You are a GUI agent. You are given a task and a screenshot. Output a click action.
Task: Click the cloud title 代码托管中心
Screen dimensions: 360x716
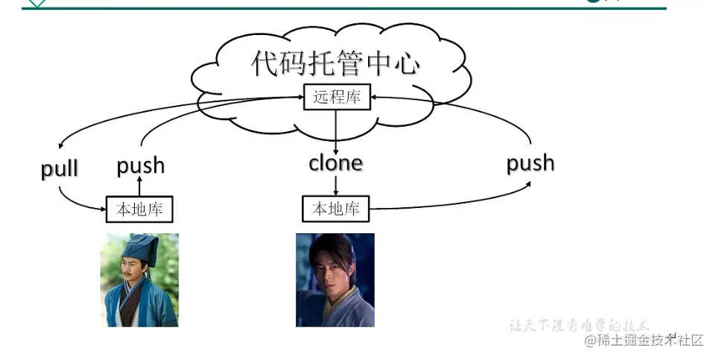click(x=335, y=64)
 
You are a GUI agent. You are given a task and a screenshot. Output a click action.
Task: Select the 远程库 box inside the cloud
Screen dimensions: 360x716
click(x=337, y=98)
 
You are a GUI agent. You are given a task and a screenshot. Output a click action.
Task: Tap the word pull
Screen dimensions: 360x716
click(x=60, y=168)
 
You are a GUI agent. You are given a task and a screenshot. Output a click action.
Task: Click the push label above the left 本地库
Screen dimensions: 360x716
click(x=140, y=165)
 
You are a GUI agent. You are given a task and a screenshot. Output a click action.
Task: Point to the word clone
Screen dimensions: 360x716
click(x=335, y=162)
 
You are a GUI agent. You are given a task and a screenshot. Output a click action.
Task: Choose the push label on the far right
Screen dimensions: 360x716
click(x=530, y=162)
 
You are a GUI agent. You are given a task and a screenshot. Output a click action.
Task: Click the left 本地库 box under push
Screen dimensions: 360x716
click(x=140, y=209)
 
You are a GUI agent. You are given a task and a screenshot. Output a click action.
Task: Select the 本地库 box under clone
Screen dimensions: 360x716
click(x=335, y=209)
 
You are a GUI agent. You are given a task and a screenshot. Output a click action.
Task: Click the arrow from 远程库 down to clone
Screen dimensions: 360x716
click(x=336, y=130)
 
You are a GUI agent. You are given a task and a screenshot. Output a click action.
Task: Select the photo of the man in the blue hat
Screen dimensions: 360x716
click(x=139, y=280)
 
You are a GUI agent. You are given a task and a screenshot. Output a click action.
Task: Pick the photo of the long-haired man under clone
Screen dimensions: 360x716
click(x=335, y=280)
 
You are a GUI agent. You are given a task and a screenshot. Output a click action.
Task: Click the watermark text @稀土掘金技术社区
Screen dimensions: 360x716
click(x=644, y=341)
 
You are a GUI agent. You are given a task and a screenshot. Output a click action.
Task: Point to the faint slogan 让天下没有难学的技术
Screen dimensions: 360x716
click(x=580, y=326)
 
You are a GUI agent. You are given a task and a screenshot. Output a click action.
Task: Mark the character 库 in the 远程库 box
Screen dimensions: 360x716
click(x=358, y=98)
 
